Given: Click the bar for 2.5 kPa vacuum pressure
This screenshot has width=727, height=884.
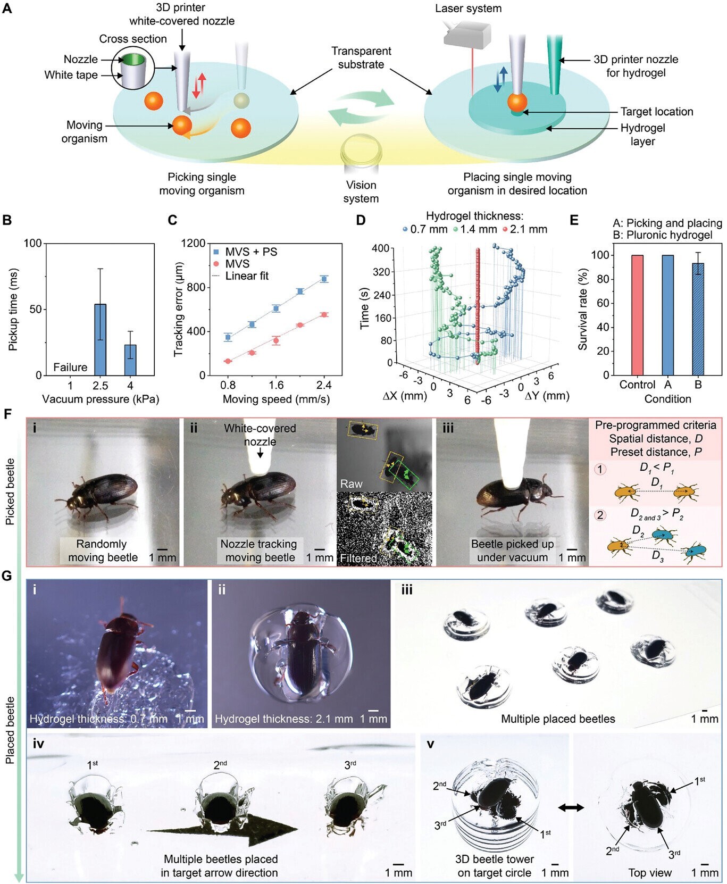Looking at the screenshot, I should (100, 340).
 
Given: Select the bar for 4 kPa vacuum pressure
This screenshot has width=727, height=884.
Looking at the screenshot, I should (130, 360).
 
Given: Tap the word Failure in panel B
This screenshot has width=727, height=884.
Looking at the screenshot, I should (70, 368).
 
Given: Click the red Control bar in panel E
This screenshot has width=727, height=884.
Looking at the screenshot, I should (638, 315).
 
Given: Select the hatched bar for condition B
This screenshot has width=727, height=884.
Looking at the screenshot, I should (698, 319).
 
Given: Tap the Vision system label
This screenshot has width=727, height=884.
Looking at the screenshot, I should (361, 192).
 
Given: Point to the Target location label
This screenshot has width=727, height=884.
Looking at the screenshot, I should (657, 112).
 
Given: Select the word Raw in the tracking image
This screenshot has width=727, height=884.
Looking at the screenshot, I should (351, 483).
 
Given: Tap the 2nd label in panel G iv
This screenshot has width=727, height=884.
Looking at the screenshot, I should (220, 765).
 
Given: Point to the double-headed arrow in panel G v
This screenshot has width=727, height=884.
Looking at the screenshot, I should (571, 807).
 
